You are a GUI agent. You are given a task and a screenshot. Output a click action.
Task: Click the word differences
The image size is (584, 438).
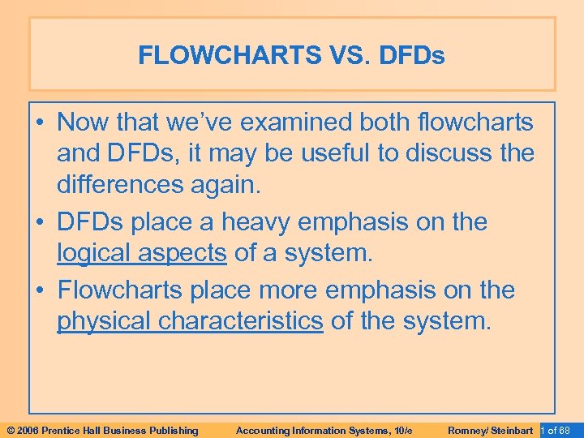[118, 185]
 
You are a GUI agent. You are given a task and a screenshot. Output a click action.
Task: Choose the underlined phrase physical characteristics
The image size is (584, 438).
[190, 320]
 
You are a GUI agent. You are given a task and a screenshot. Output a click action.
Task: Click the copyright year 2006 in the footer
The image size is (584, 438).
[28, 430]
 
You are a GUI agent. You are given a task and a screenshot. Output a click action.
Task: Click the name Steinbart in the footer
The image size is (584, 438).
[512, 430]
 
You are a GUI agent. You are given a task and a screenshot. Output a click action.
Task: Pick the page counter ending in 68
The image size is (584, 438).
[560, 430]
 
